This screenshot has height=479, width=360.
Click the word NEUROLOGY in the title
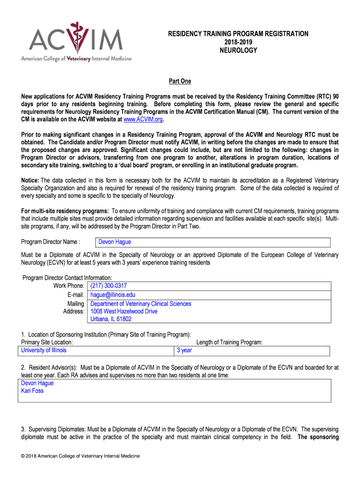click(x=238, y=50)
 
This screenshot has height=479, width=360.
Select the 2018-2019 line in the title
click(x=238, y=42)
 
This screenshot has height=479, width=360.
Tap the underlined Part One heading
click(x=180, y=81)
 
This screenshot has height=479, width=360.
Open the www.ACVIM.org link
click(x=142, y=119)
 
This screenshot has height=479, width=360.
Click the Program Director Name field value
click(x=115, y=242)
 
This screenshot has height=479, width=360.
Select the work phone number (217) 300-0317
click(x=108, y=285)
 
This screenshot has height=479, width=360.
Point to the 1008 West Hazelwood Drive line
click(x=124, y=311)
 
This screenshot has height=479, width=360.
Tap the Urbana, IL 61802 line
click(x=111, y=319)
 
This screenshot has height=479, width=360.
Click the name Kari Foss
click(x=32, y=391)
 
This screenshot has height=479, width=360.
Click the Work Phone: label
click(x=69, y=285)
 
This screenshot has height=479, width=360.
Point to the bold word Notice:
click(x=30, y=181)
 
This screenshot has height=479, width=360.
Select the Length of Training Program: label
click(x=229, y=342)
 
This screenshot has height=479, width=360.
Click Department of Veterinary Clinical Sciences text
click(x=141, y=304)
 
